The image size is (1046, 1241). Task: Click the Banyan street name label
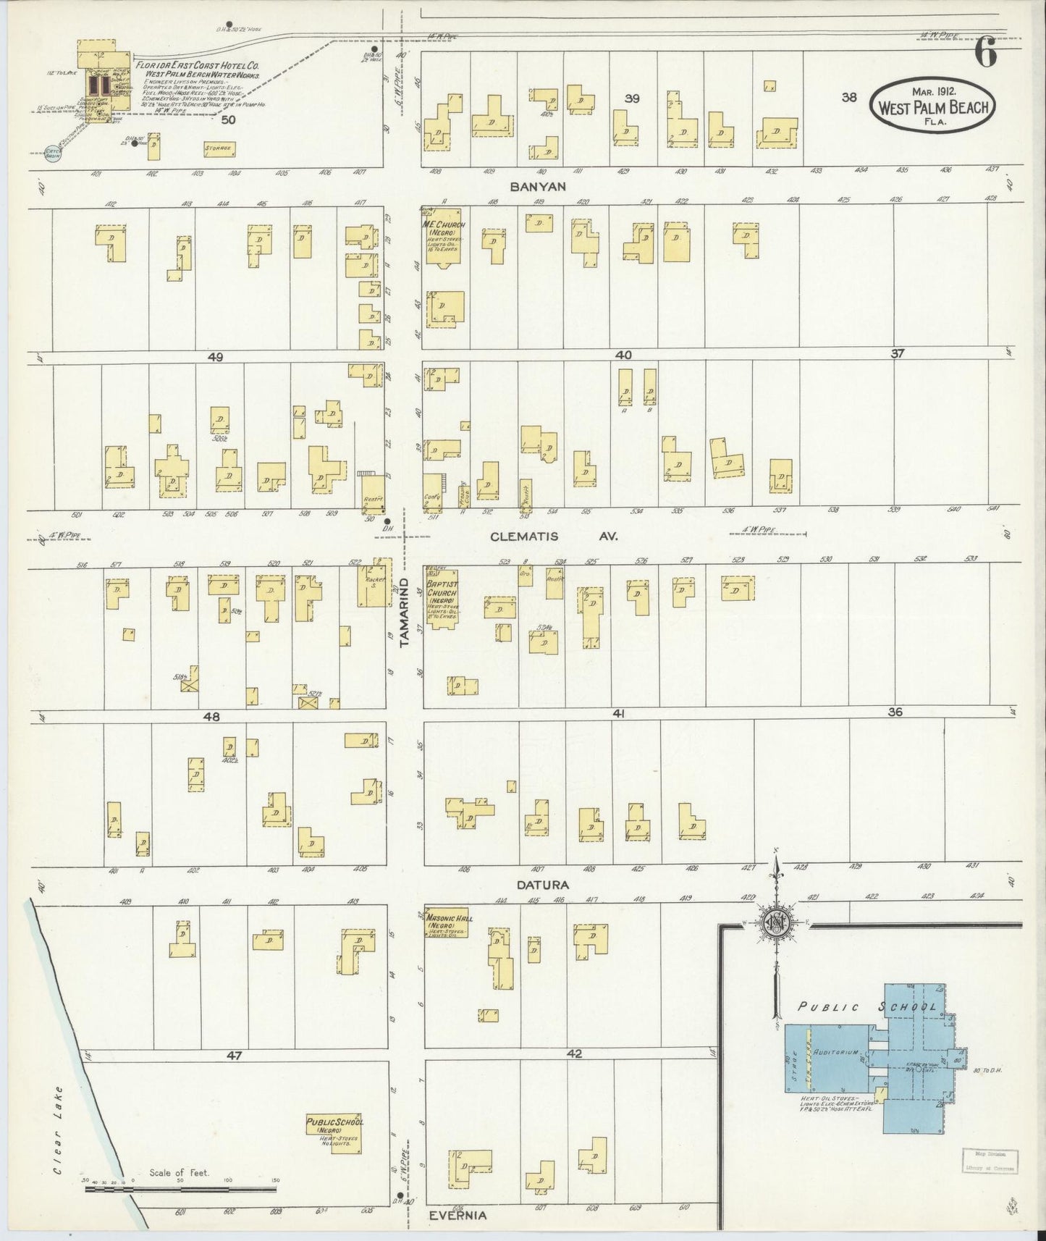click(x=537, y=186)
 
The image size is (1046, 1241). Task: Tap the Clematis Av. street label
click(x=536, y=537)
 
